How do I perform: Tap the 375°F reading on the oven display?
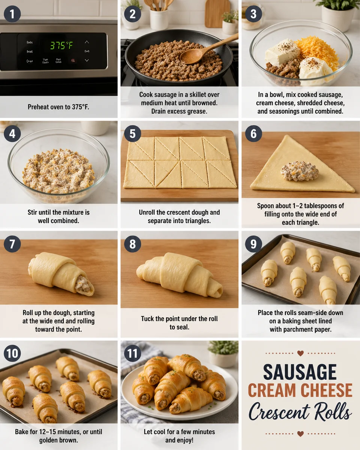pyautogui.click(x=62, y=46)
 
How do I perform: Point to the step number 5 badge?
pyautogui.click(x=132, y=133)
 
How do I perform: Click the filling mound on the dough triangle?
pyautogui.click(x=300, y=171)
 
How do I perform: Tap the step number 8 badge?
pyautogui.click(x=132, y=244)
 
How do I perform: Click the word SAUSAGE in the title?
pyautogui.click(x=300, y=372)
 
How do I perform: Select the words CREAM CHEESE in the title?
pyautogui.click(x=300, y=390)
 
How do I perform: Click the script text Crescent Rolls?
pyautogui.click(x=300, y=411)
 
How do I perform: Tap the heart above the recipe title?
pyautogui.click(x=300, y=353)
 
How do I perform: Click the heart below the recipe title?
pyautogui.click(x=300, y=433)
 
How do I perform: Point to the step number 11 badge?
pyautogui.click(x=132, y=353)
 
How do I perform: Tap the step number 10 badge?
pyautogui.click(x=12, y=353)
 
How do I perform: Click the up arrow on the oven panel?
pyautogui.click(x=87, y=42)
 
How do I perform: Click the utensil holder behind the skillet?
pyautogui.click(x=159, y=17)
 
